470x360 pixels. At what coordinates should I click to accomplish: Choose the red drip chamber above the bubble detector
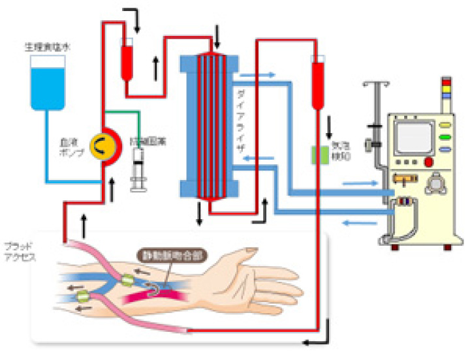tap(319, 83)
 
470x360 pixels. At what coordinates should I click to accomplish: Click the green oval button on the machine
tap(445, 137)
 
